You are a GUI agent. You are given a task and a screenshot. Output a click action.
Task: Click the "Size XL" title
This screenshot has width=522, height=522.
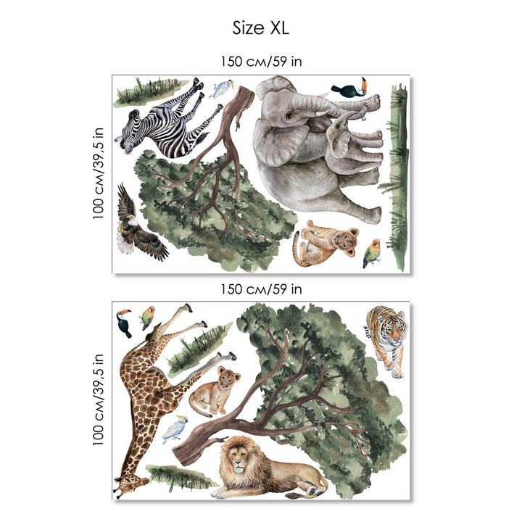tap(261, 28)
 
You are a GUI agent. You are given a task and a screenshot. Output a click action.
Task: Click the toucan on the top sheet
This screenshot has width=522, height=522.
tap(349, 88)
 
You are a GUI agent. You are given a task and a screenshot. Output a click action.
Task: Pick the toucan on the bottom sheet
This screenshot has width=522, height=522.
tap(123, 322)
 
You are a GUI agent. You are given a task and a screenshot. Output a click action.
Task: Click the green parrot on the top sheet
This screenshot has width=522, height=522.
tap(372, 253)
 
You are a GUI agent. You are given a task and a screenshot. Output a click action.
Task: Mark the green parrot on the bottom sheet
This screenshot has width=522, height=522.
tap(147, 318)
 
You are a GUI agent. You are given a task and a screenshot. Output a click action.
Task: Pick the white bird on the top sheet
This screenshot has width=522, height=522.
tap(221, 88)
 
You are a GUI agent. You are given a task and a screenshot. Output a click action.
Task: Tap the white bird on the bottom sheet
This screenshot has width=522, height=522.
tap(175, 428)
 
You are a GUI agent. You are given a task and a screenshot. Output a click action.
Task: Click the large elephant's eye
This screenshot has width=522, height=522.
tap(287, 116)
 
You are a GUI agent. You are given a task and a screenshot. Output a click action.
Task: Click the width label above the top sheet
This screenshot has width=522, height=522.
tap(261, 62)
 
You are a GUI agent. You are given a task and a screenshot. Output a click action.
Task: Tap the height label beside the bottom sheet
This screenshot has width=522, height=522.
tap(99, 399)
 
